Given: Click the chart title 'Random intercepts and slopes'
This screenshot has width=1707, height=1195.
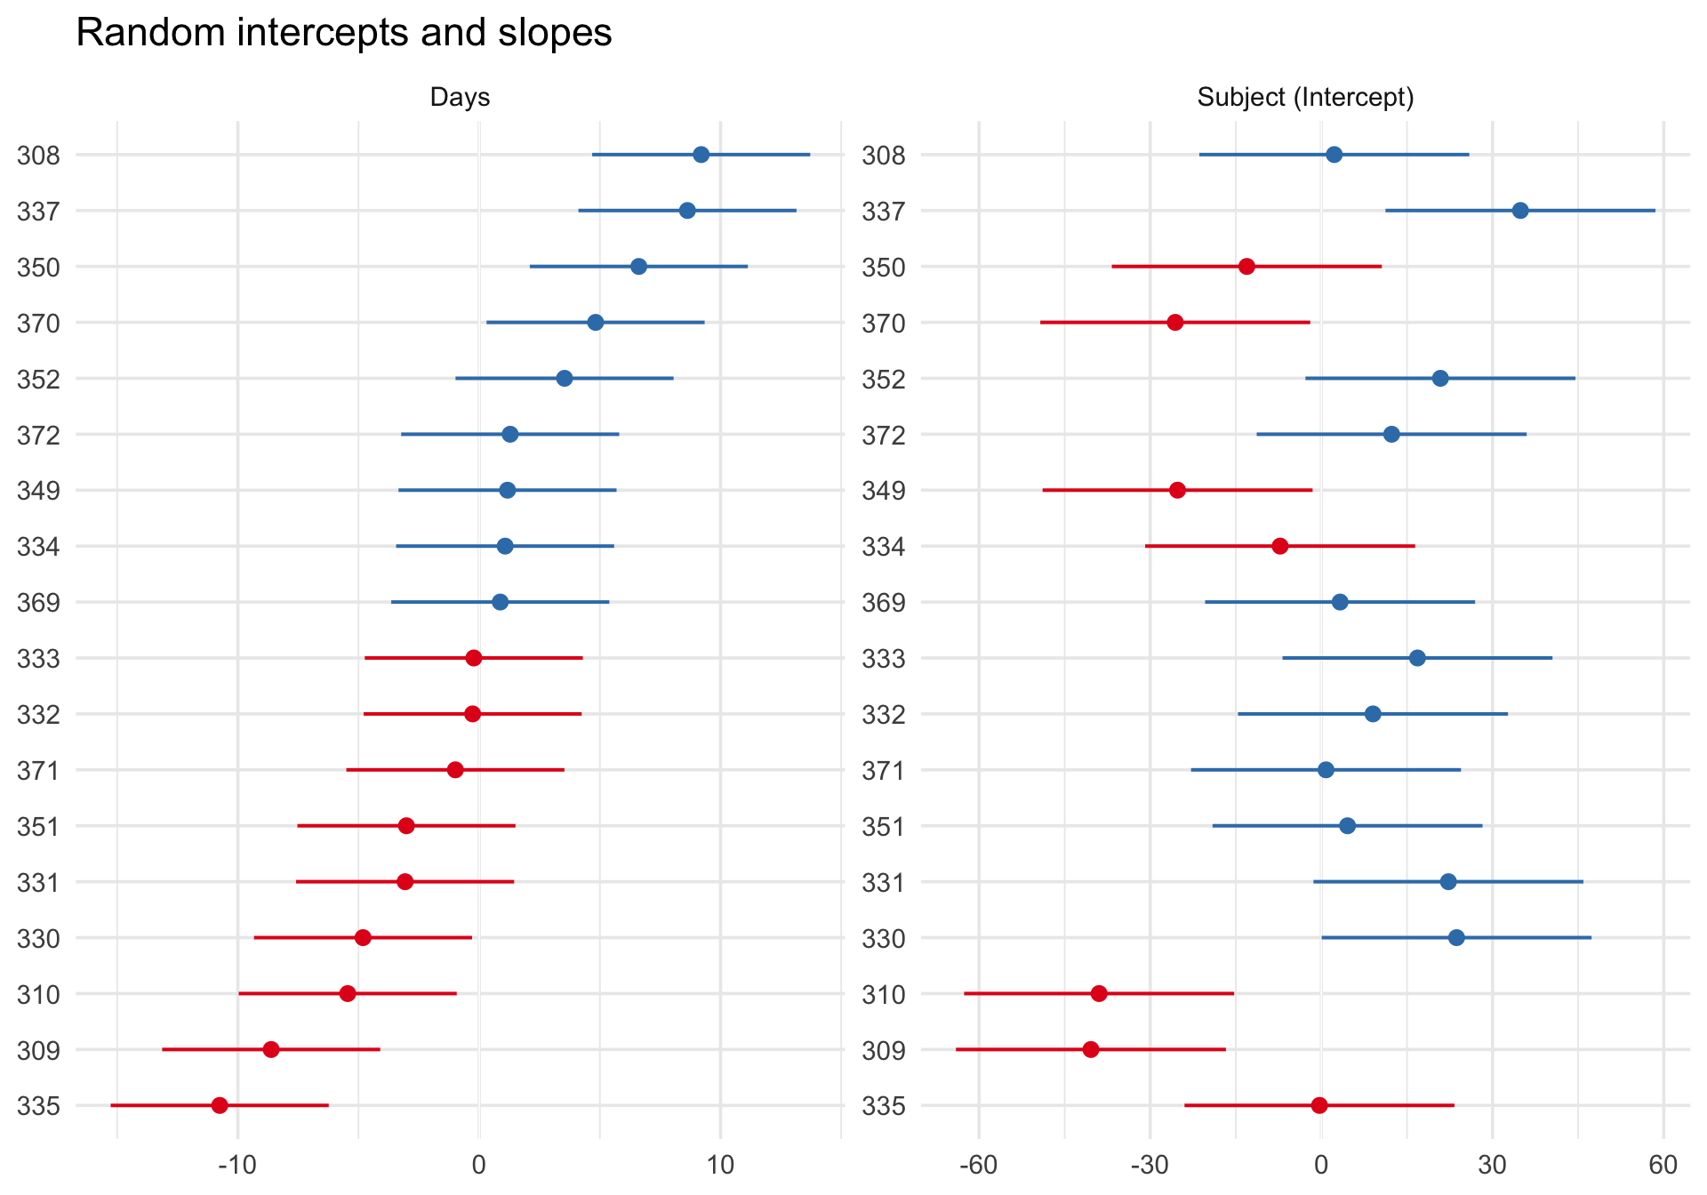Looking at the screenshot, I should [344, 34].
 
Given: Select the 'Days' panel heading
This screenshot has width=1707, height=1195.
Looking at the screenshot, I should [460, 97].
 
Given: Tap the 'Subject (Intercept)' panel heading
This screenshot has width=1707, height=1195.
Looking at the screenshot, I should [1305, 97].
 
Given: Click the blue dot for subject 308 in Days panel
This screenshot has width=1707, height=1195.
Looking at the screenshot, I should [701, 155].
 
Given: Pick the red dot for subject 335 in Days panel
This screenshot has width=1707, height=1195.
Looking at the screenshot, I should [220, 1105].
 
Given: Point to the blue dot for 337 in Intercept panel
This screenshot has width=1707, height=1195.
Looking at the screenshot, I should [1520, 211].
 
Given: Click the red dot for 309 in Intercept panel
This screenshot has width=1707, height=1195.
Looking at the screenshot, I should [1091, 1049].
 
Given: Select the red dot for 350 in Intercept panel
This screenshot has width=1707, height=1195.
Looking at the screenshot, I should [1246, 267].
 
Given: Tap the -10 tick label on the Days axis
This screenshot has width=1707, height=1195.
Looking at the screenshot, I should [237, 1164].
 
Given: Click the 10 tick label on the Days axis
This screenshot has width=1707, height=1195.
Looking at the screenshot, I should [720, 1164].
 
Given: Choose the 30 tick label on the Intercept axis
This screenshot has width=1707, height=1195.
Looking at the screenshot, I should [1492, 1164].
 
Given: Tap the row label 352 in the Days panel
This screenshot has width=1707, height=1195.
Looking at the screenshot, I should [38, 380].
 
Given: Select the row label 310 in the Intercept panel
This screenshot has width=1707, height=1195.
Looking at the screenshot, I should [884, 994].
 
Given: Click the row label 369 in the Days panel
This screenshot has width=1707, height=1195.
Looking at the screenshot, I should [38, 603].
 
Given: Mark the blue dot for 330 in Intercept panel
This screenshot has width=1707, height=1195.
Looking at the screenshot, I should [1456, 937].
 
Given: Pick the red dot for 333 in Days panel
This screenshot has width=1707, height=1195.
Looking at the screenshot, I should [474, 658].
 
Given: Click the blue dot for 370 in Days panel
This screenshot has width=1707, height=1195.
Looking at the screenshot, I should [596, 322].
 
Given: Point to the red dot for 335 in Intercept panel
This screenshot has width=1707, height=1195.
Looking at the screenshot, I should [1319, 1105].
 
